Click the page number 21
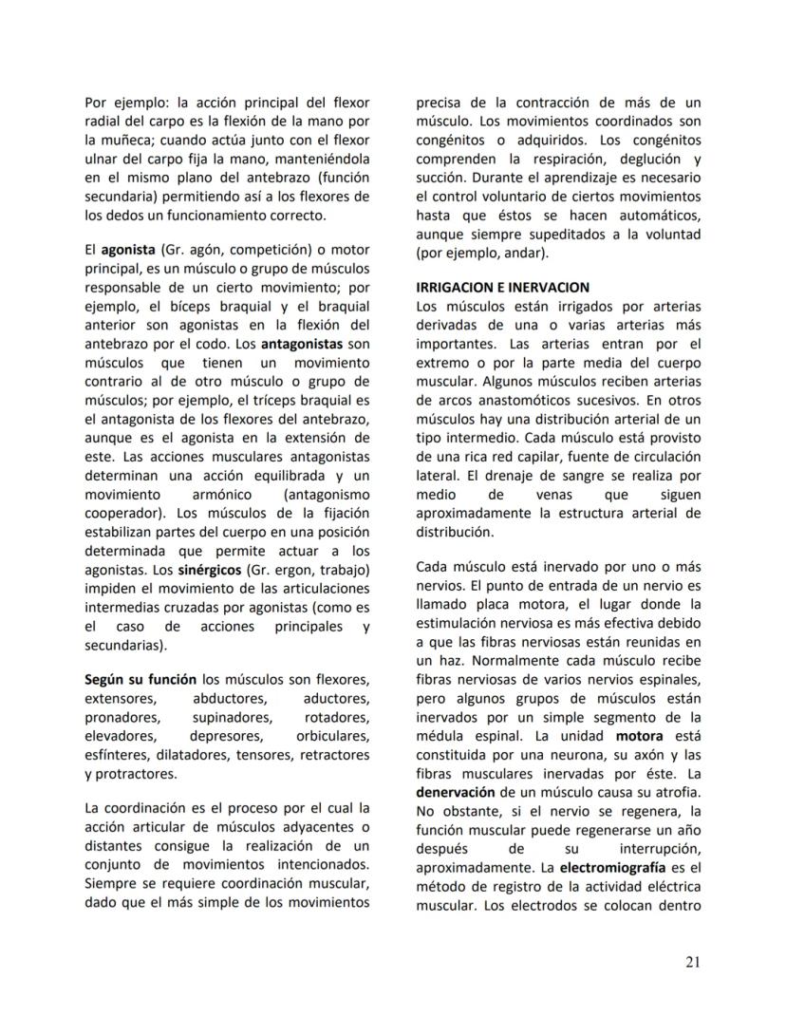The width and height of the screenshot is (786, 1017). click(692, 963)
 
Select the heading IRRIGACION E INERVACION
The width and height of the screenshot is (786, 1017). click(502, 287)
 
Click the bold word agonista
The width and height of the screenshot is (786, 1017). click(129, 250)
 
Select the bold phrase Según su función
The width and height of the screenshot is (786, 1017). click(140, 679)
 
